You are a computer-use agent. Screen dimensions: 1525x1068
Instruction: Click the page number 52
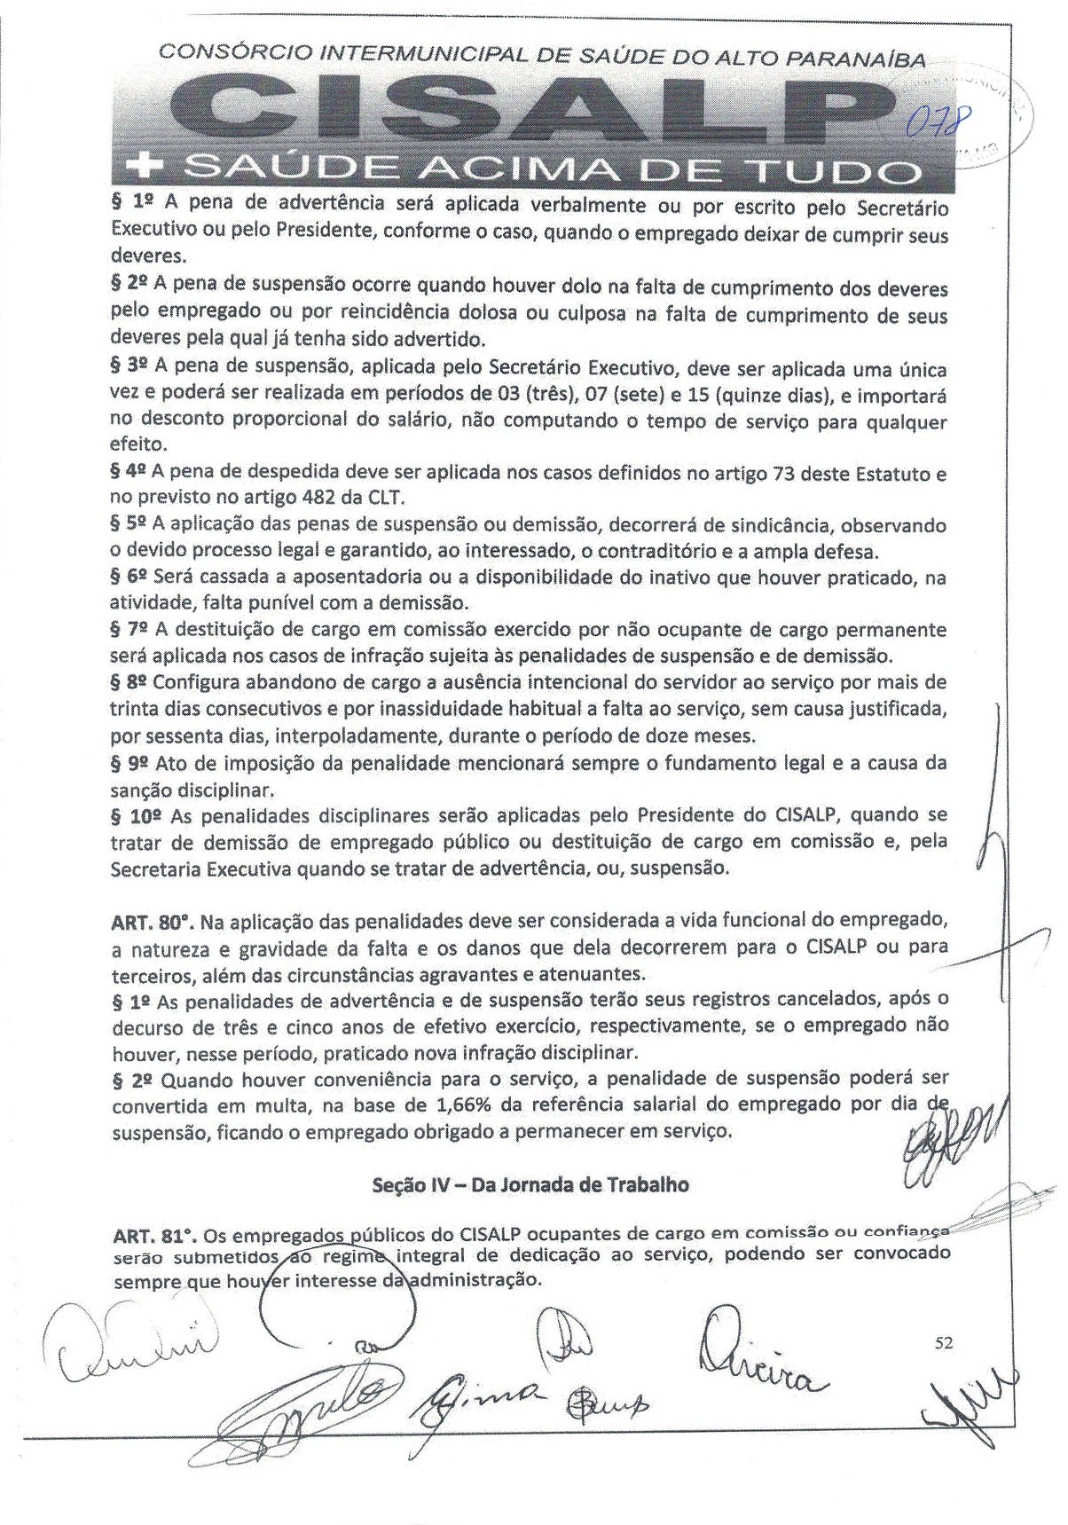click(x=944, y=1343)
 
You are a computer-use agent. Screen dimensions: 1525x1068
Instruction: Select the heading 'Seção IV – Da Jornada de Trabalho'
click(x=530, y=1184)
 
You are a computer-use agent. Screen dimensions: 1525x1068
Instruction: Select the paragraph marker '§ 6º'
click(x=130, y=577)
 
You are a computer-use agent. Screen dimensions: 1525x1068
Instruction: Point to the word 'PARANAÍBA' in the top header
click(x=858, y=59)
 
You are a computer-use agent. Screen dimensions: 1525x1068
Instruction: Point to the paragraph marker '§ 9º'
click(x=130, y=762)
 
